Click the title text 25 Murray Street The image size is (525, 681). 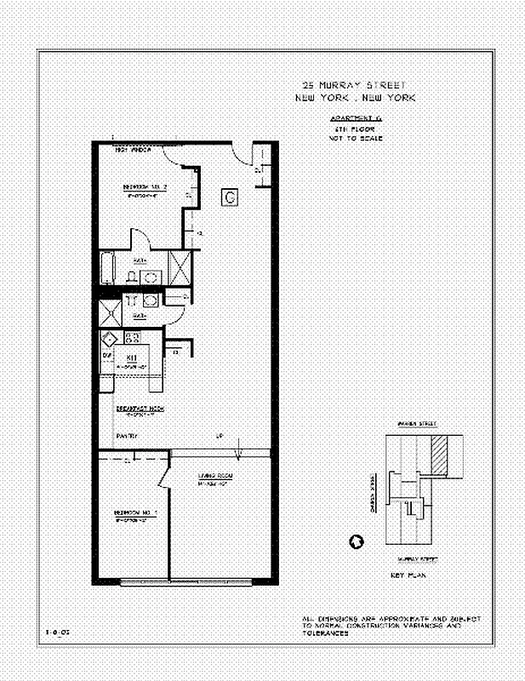pyautogui.click(x=355, y=85)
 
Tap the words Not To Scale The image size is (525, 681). pyautogui.click(x=355, y=138)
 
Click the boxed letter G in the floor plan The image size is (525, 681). pyautogui.click(x=230, y=197)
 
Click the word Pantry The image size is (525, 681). pyautogui.click(x=127, y=437)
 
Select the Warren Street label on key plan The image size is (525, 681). pyautogui.click(x=417, y=423)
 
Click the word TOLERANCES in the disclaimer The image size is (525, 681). pyautogui.click(x=325, y=634)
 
